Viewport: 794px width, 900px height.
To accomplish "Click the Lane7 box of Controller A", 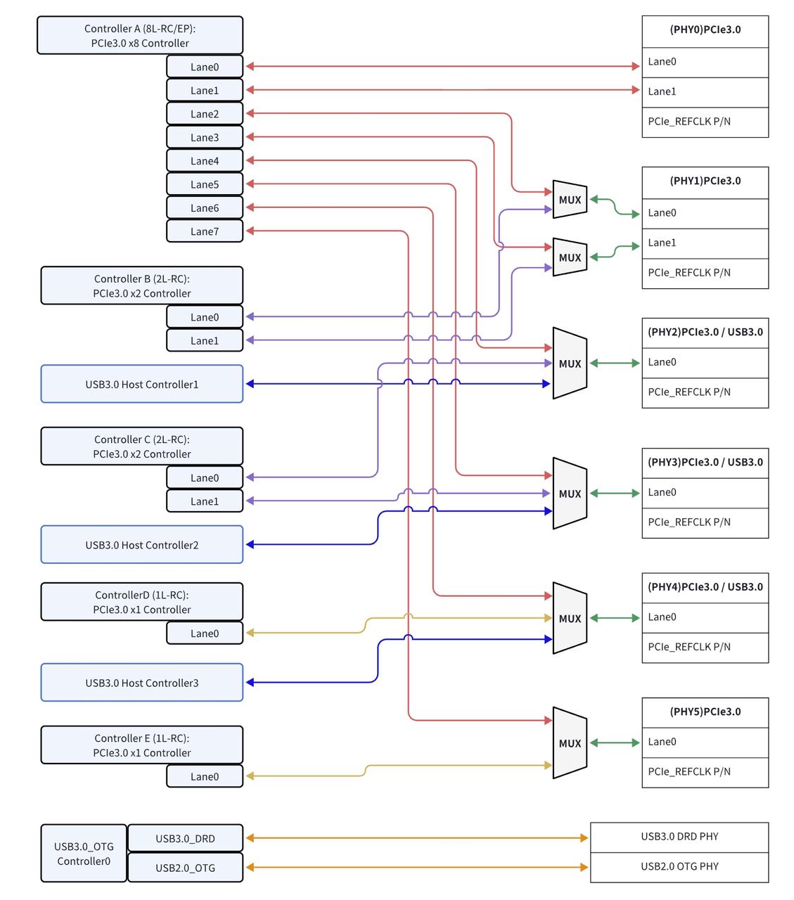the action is (205, 231).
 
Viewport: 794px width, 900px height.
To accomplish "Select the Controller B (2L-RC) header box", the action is (142, 285).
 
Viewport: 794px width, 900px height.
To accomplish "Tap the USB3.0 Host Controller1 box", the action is (142, 384).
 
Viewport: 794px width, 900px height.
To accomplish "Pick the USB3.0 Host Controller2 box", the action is (142, 545).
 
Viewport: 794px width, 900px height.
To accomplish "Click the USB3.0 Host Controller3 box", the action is (142, 683).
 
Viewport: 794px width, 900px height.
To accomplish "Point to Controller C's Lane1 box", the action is (205, 501).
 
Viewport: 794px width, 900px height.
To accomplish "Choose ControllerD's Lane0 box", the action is (205, 633).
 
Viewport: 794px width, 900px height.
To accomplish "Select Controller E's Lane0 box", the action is (205, 776).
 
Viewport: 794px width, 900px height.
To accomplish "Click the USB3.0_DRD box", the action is (185, 838).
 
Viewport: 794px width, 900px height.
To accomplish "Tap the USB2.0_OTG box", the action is (185, 868).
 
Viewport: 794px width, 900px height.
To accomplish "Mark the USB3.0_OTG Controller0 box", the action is (84, 854).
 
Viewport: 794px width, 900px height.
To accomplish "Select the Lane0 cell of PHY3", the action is (705, 493).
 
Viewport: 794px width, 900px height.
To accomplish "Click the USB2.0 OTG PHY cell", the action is (679, 867).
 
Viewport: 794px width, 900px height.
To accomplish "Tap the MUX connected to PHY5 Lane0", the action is (570, 742).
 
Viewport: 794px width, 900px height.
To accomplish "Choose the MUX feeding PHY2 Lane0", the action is (570, 364).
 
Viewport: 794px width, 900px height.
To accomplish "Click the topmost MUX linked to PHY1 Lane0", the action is (570, 200).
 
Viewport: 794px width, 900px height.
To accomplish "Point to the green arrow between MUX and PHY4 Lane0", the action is (615, 618).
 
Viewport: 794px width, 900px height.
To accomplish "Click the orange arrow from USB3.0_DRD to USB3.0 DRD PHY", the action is (417, 838).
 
